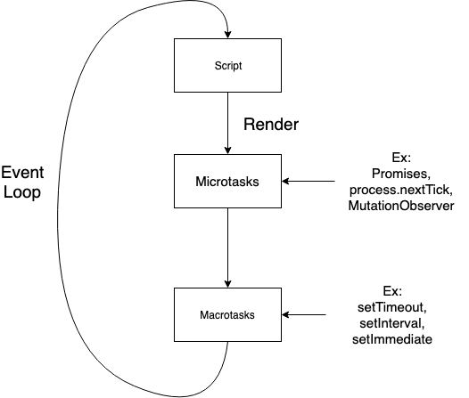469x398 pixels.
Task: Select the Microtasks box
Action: coord(228,182)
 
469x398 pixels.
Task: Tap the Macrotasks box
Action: coord(228,313)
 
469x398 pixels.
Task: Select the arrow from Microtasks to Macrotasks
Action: coord(228,249)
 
